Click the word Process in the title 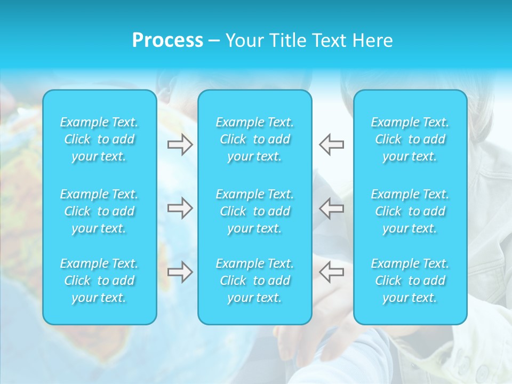[167, 41]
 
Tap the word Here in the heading [373, 41]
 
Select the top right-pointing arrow [180, 144]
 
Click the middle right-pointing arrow [180, 208]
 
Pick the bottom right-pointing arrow [180, 272]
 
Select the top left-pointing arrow [332, 144]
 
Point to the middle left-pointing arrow [332, 208]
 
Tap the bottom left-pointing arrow [332, 272]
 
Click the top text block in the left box [99, 139]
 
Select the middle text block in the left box [99, 211]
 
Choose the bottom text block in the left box [99, 281]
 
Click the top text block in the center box [255, 139]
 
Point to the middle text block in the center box [255, 211]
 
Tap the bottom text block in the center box [255, 281]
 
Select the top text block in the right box [410, 139]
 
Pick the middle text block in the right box [410, 211]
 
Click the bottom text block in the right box [410, 281]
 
